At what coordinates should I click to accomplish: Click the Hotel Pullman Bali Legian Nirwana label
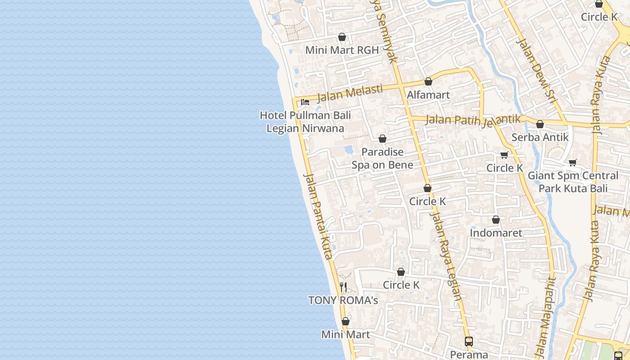tap(305, 122)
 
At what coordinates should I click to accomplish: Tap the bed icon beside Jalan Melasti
tap(305, 102)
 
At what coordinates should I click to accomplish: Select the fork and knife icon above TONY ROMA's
tap(343, 287)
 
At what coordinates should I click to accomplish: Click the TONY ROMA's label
tap(343, 300)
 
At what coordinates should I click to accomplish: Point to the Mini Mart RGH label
tap(342, 50)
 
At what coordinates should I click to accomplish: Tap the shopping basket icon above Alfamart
tap(428, 82)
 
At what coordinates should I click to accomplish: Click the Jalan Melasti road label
tap(350, 93)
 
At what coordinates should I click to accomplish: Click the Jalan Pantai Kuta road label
tap(318, 216)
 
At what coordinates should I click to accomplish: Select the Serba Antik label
tap(540, 137)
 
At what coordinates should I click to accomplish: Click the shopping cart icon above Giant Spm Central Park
tap(572, 162)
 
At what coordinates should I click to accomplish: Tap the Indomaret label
tap(496, 233)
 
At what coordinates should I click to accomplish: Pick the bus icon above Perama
tap(469, 341)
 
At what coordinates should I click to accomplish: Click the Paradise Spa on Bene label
tap(382, 158)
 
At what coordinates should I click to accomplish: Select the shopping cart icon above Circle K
tap(504, 155)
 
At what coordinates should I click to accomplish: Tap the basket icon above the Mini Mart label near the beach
tap(346, 321)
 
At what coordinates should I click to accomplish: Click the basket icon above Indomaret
tap(496, 220)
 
